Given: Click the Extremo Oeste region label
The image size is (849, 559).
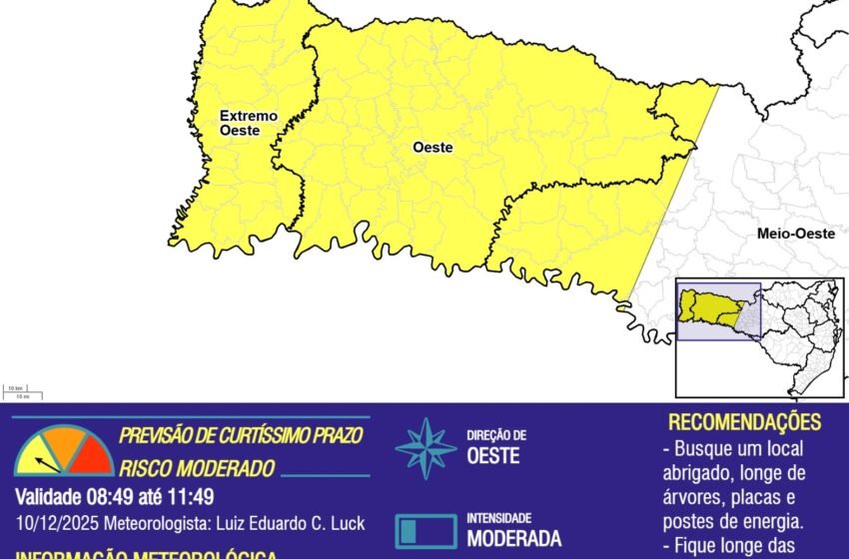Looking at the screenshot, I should [249, 123].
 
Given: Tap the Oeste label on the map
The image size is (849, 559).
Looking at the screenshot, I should [432, 148].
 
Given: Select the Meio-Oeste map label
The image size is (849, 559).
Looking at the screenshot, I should [795, 234].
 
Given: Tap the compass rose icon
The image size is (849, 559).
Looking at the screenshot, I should [424, 448].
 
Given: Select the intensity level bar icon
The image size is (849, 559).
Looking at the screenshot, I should [424, 529].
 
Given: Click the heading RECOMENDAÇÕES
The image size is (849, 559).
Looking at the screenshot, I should [744, 421].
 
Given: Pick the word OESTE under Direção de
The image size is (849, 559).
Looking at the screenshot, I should [493, 455].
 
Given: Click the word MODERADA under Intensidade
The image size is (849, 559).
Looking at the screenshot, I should [513, 538].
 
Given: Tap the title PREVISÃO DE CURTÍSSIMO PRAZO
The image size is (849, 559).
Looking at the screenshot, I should [240, 436].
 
